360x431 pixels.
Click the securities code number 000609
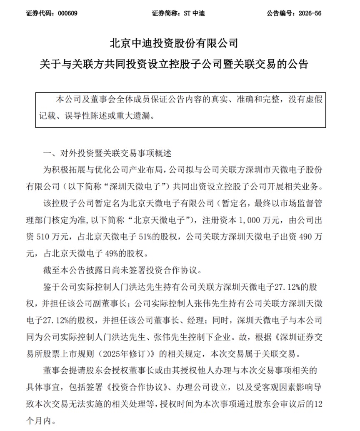tap(68, 13)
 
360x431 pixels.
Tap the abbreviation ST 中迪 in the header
tap(194, 13)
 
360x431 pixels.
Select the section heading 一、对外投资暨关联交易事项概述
tap(107, 154)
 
